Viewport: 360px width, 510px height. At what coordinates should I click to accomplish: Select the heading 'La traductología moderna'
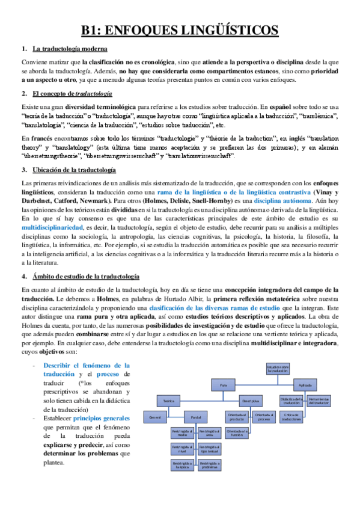[70, 49]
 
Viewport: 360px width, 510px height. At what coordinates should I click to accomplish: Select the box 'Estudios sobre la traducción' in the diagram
[278, 369]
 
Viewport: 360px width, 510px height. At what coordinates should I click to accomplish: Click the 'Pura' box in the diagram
[224, 385]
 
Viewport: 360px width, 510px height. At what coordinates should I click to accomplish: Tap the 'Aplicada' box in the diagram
[305, 385]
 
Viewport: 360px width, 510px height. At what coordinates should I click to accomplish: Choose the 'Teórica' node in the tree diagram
[168, 401]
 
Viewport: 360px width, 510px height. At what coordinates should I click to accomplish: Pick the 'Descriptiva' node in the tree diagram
[250, 401]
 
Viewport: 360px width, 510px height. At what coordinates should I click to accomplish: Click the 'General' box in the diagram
[155, 416]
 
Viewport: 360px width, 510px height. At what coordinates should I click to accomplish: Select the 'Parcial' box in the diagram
[195, 416]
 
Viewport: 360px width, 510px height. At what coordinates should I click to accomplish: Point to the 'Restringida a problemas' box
[209, 464]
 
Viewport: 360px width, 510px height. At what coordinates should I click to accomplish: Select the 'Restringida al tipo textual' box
[209, 448]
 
